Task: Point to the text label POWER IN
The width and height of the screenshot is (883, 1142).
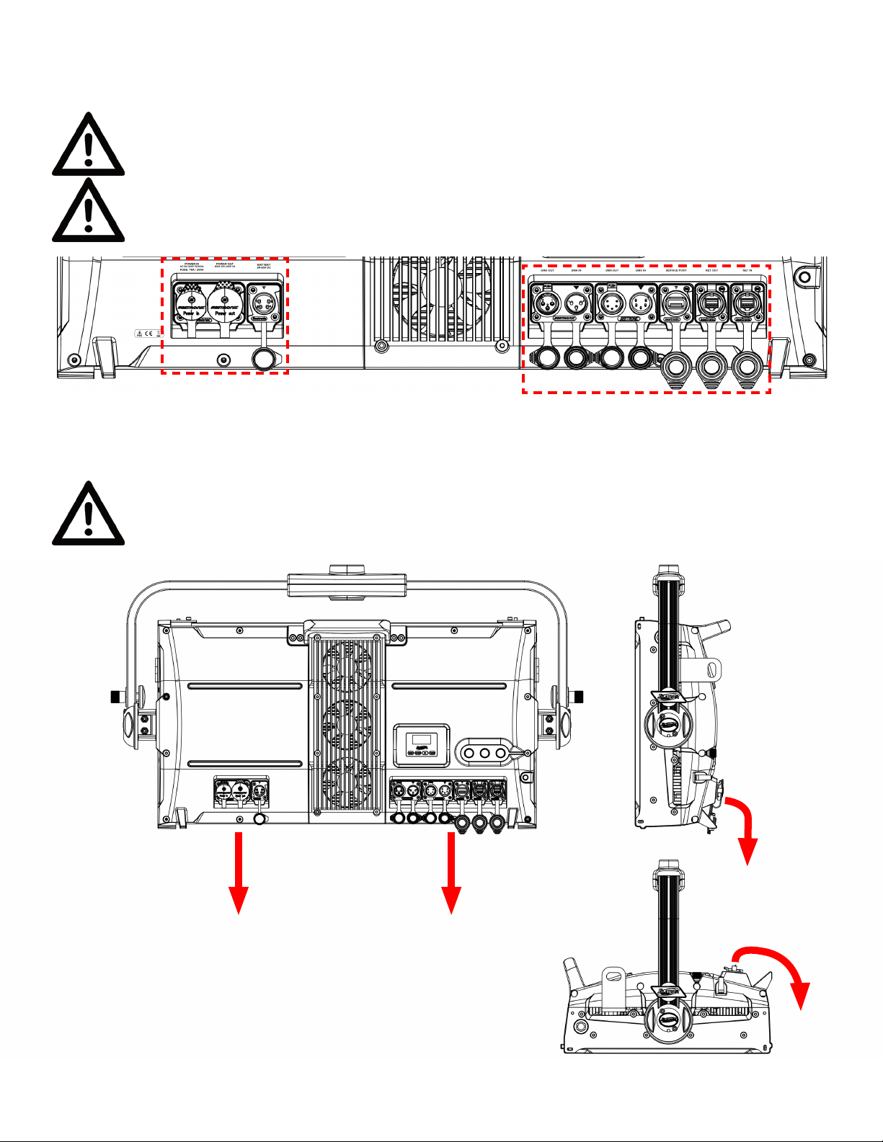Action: (192, 264)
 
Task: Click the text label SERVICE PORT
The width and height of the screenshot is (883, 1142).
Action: (675, 271)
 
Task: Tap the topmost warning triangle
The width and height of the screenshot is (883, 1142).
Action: (88, 145)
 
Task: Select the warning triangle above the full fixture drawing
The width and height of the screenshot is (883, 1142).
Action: (88, 514)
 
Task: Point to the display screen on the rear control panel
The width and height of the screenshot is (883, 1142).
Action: (421, 741)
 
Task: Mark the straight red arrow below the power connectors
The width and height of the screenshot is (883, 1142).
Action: (239, 873)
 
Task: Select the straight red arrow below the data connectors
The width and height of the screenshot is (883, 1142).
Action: (451, 873)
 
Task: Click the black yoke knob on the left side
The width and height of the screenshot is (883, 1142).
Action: (114, 697)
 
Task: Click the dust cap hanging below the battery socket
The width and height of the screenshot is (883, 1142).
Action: (263, 358)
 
